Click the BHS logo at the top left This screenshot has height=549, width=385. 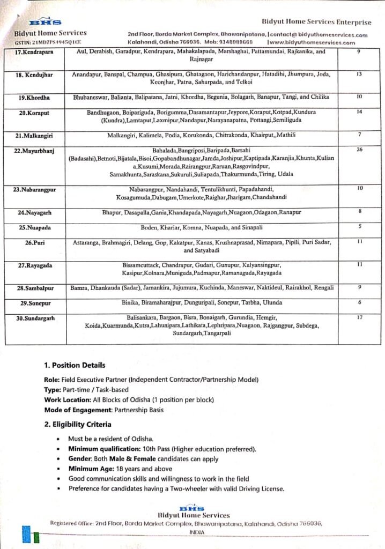click(x=37, y=23)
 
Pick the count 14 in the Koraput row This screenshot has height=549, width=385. click(x=359, y=112)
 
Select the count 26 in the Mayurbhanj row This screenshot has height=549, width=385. click(x=359, y=150)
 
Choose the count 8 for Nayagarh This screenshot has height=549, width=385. click(x=359, y=212)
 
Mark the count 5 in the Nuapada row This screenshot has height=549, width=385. click(x=359, y=226)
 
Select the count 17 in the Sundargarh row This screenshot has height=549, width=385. click(x=359, y=317)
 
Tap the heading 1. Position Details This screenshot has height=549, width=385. click(x=75, y=366)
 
